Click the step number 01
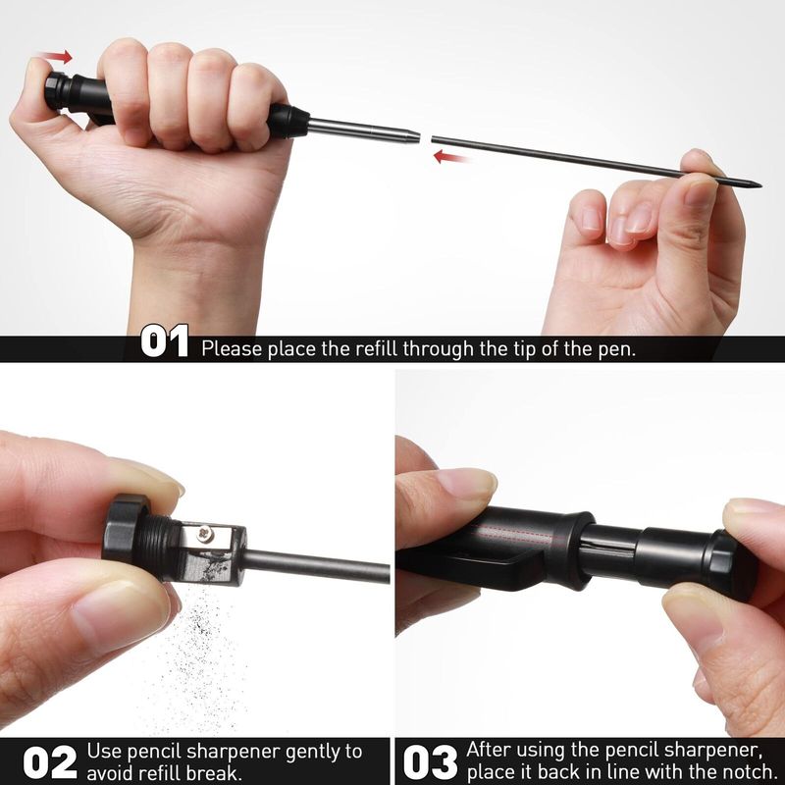164,341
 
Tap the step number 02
50,762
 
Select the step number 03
431,762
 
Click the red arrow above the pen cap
55,57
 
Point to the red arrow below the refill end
451,157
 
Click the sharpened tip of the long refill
759,185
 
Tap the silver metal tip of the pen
363,130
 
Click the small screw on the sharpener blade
205,534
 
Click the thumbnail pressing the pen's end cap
39,66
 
